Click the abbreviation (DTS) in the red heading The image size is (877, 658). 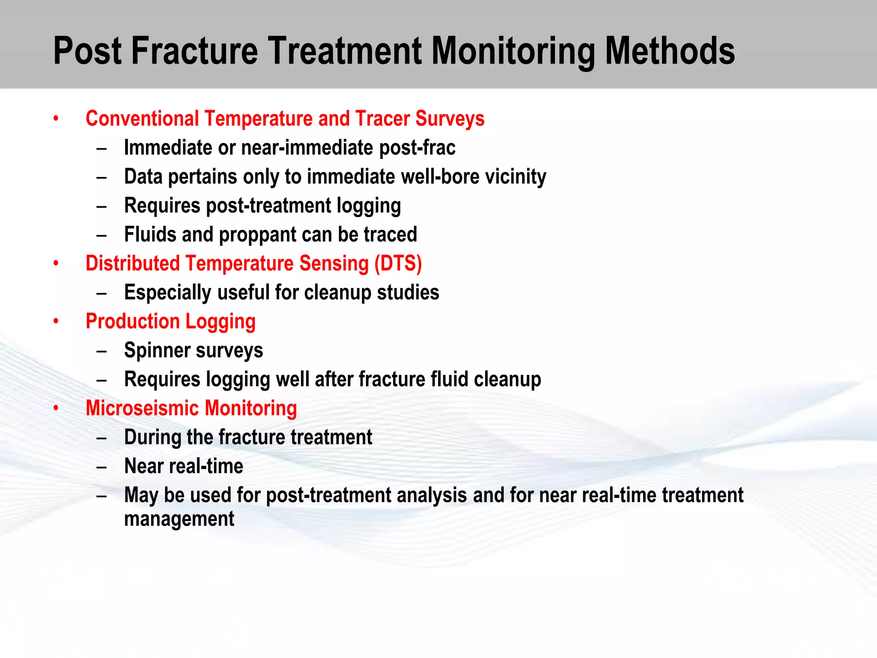click(x=398, y=263)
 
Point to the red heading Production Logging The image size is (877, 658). click(x=170, y=322)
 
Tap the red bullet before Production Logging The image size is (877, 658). click(x=56, y=322)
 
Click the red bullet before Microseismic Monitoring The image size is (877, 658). click(x=56, y=409)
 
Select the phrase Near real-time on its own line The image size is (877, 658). click(x=183, y=466)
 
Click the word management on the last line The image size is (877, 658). click(x=179, y=519)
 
